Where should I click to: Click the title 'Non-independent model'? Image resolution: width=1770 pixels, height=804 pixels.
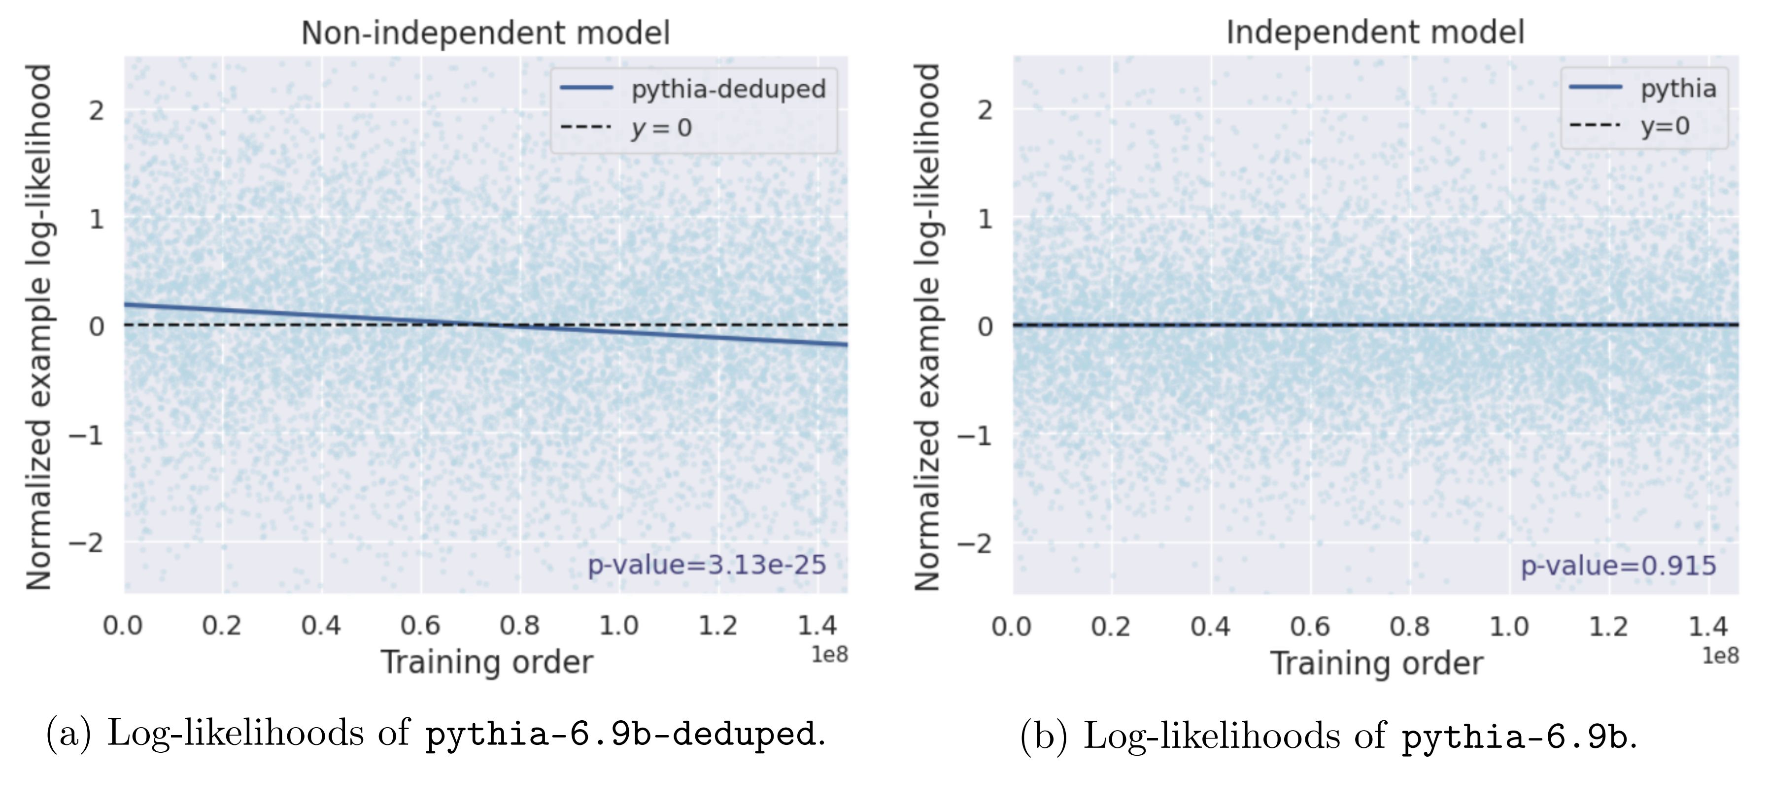coord(485,33)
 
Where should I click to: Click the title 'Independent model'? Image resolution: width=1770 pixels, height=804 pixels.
coord(1375,33)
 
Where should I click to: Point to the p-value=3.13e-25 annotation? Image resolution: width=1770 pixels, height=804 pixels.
coord(706,565)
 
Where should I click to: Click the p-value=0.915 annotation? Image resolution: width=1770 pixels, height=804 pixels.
coord(1618,566)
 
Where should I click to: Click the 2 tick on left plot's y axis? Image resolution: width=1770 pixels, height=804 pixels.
coord(96,110)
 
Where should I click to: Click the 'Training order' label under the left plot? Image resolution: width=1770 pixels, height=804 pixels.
coord(486,663)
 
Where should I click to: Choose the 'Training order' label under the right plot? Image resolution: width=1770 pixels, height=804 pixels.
coord(1376,664)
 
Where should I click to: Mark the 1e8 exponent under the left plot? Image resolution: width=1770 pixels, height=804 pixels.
coord(829,655)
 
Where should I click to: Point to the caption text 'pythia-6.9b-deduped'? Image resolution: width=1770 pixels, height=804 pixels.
coord(620,735)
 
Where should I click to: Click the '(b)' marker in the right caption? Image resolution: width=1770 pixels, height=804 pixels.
coord(1044,736)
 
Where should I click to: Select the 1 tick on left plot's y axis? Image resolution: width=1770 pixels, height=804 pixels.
coord(96,219)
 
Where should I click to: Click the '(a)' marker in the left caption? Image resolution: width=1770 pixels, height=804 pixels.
coord(68,733)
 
